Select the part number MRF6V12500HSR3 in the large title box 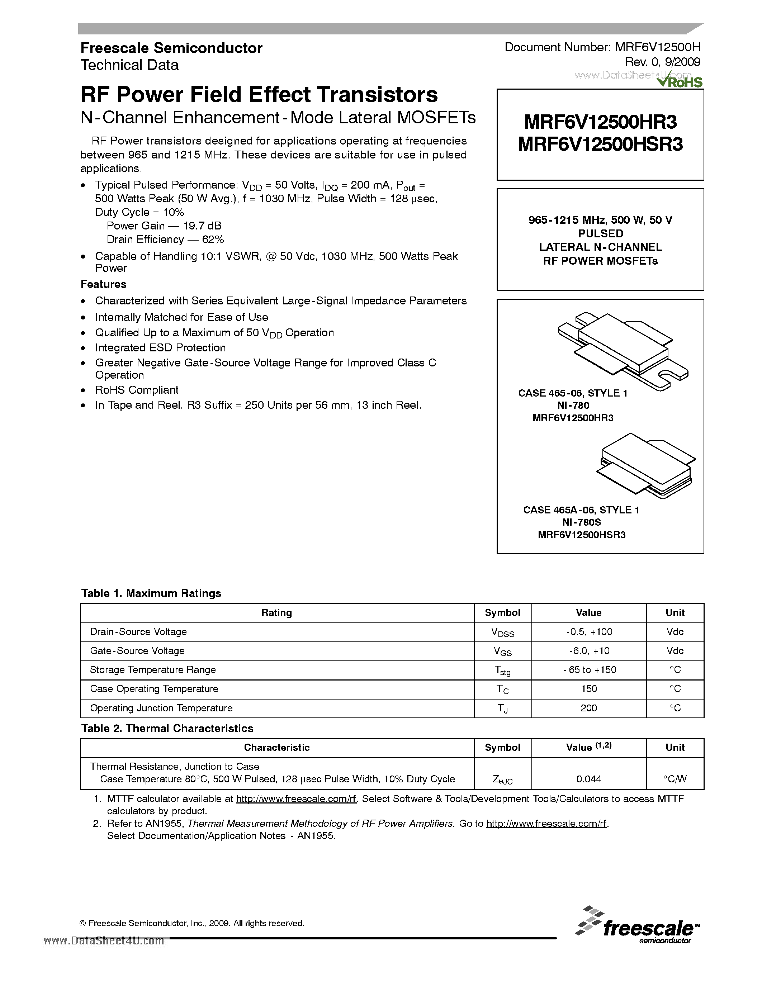pos(600,144)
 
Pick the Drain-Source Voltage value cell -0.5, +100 pos(589,632)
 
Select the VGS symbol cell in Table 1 pos(502,651)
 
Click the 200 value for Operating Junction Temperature pos(589,708)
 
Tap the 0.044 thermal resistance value pos(589,779)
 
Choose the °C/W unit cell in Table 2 pos(675,779)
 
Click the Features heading pos(103,284)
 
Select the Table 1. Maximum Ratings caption pos(151,593)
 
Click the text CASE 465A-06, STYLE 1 pos(581,510)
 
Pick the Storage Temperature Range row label pos(153,669)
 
